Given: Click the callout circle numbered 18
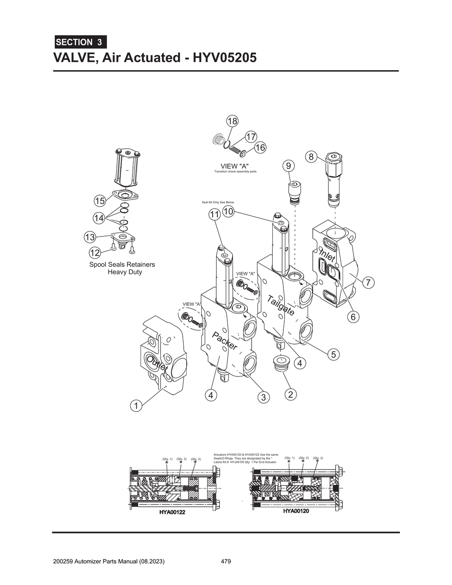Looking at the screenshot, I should click(232, 121).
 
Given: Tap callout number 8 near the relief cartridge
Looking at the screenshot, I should click(311, 157).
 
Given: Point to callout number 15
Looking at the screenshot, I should click(100, 201).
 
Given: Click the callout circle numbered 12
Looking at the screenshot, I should click(94, 253).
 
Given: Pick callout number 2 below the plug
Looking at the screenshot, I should click(290, 394).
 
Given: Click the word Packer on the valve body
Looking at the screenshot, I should click(225, 340).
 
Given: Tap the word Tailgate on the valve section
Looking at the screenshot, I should click(281, 305).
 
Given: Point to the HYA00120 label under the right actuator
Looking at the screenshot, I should click(296, 511).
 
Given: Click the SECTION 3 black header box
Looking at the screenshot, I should click(80, 42).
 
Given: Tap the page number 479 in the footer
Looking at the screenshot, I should click(226, 562).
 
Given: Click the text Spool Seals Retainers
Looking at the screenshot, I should click(122, 265).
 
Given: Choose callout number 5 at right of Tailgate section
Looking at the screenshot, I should click(333, 354).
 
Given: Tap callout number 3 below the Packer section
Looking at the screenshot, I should click(264, 397).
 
